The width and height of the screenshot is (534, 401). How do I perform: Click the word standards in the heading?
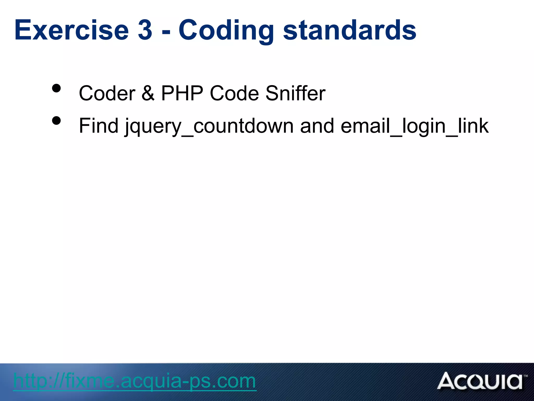tap(350, 30)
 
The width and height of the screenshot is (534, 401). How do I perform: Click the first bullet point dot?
tap(56, 88)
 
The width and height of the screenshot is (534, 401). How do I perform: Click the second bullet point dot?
tap(56, 121)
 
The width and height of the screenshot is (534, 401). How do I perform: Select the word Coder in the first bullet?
tap(107, 93)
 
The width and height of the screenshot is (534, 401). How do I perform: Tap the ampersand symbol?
tap(148, 93)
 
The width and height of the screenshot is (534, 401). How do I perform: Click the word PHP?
tap(182, 93)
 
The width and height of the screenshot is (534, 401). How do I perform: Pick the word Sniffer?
tap(295, 93)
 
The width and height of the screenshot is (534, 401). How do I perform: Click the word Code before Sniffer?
tap(234, 93)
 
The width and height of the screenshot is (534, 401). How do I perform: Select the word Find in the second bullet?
tap(99, 126)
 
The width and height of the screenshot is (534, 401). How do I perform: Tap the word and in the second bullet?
tap(317, 126)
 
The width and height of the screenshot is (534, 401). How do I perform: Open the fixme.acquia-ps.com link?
tap(135, 381)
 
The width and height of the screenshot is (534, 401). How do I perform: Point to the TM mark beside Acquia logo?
tap(526, 376)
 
